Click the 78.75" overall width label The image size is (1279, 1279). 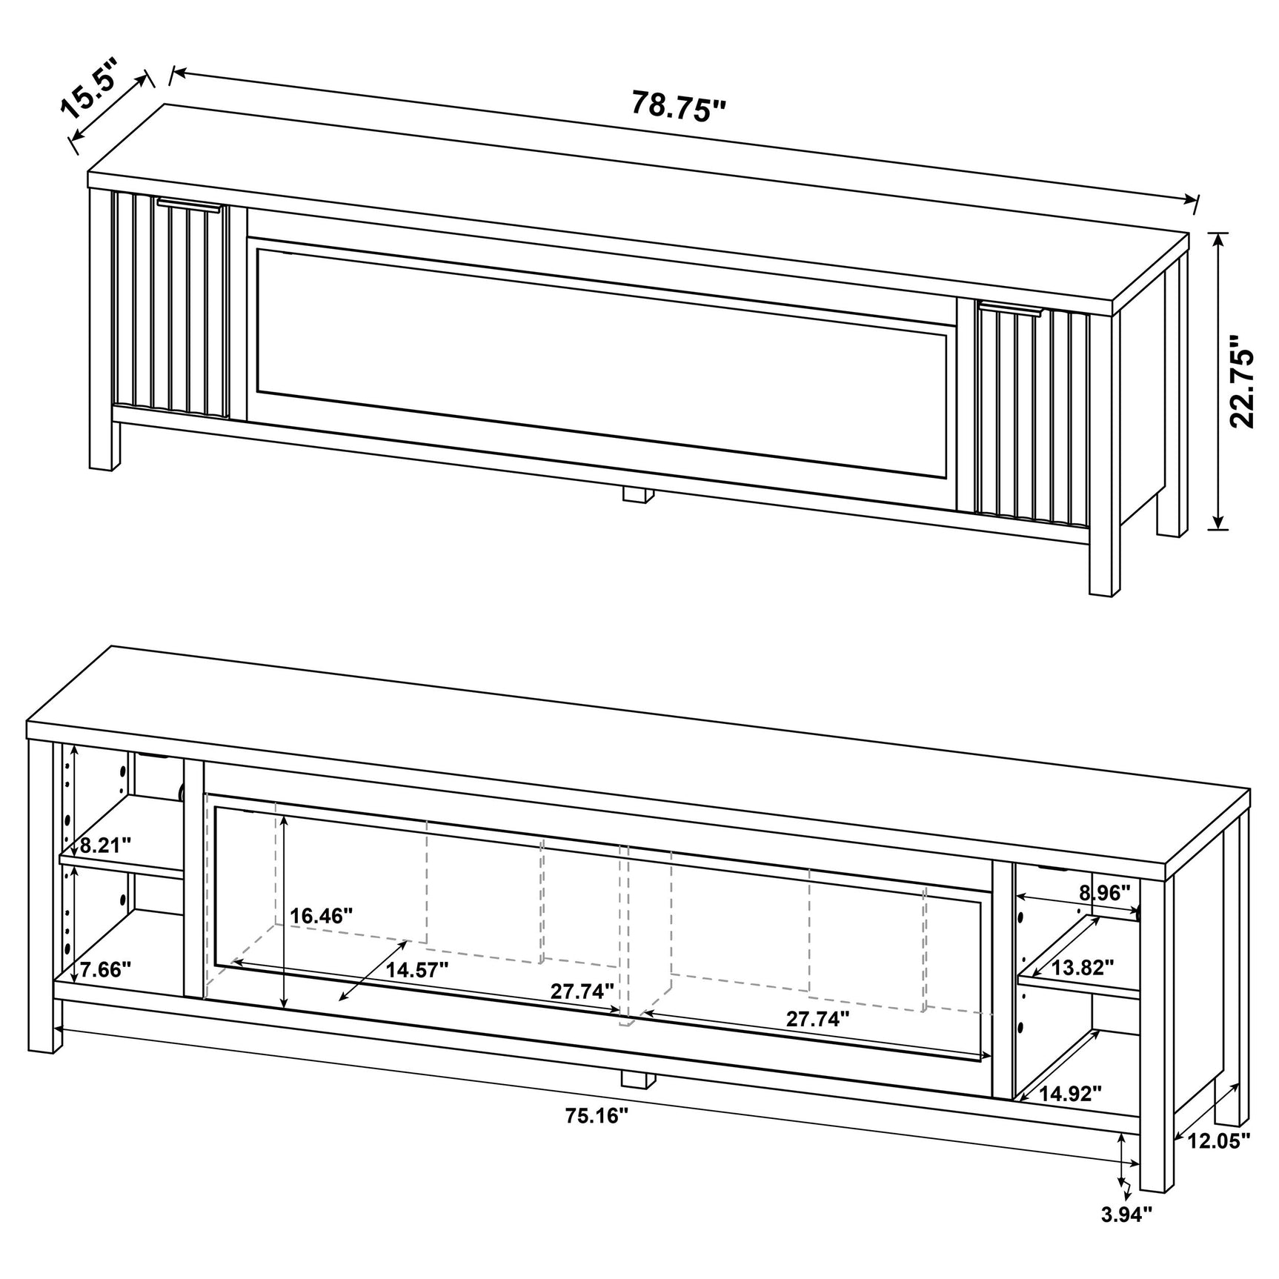[678, 105]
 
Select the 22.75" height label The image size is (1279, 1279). [1242, 382]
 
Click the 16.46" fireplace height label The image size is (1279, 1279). [321, 916]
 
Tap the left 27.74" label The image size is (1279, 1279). [582, 991]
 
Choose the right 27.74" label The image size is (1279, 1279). [817, 1019]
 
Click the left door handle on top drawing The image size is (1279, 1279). [188, 205]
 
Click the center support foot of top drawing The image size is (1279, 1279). [637, 495]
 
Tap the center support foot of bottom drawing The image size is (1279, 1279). [637, 1078]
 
